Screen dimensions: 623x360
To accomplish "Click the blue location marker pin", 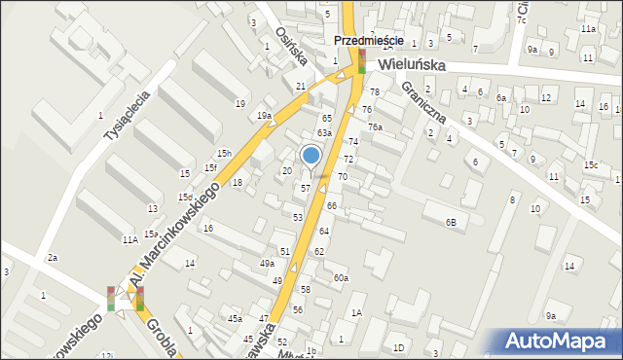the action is [311, 156].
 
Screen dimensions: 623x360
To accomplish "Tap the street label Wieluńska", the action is [413, 64].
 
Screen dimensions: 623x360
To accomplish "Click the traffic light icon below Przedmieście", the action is [362, 63].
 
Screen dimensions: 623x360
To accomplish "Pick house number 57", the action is [306, 188].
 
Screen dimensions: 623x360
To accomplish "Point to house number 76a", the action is [375, 127].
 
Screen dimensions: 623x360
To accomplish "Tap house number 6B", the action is [451, 223].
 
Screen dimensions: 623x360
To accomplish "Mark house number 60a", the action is [341, 278].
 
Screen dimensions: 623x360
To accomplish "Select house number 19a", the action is [264, 116].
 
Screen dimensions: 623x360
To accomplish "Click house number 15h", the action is [224, 154].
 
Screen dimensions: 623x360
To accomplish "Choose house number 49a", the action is [267, 264].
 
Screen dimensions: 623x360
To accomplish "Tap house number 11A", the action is [129, 239].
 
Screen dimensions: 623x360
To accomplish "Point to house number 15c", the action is [591, 165].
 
